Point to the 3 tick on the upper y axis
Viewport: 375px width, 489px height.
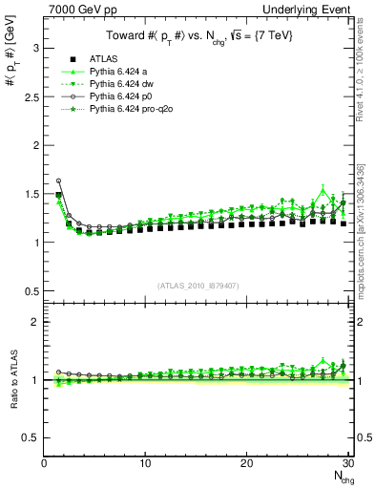tap(34, 48)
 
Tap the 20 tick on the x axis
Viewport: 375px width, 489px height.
tap(246, 464)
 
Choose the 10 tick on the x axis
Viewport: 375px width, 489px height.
tap(145, 464)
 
